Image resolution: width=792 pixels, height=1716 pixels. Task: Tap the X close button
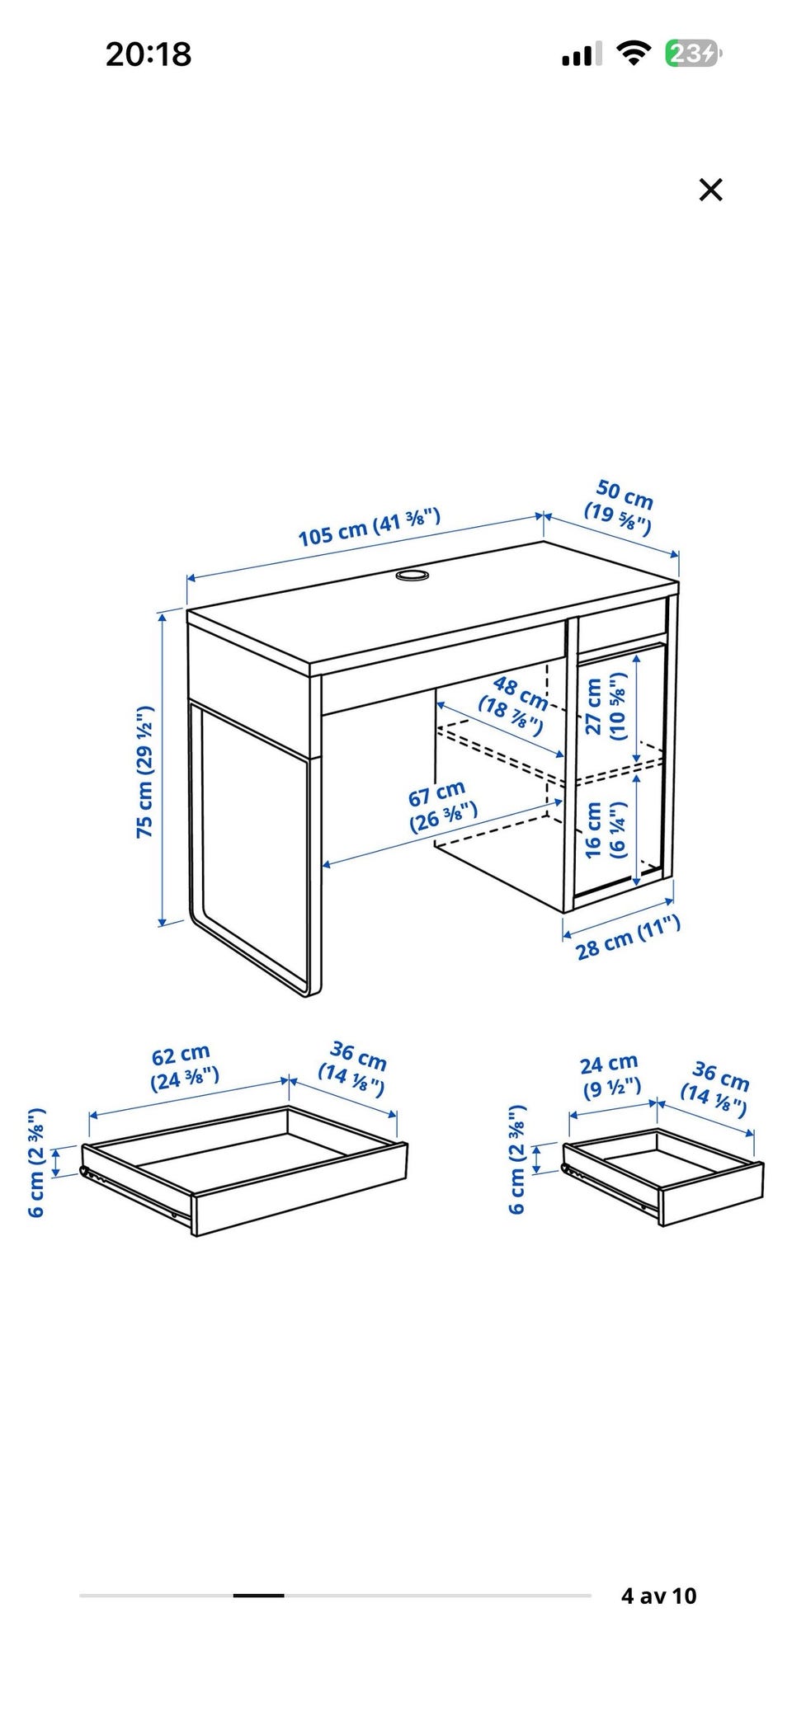[710, 190]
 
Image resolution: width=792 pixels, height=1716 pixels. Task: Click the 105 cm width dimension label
[369, 528]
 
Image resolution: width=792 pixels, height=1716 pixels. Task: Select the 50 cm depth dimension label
[620, 505]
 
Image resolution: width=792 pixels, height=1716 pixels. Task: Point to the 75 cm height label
[144, 772]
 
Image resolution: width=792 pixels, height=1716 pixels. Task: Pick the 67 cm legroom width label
[441, 806]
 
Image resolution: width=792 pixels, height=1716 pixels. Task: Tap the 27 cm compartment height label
[606, 706]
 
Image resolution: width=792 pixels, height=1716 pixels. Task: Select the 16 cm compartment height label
[606, 829]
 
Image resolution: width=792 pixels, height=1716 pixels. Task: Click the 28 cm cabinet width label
[628, 938]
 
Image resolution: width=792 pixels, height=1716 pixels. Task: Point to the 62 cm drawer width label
[184, 1066]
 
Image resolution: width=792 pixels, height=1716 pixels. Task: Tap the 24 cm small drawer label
[611, 1076]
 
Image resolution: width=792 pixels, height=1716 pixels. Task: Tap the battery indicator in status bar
[693, 54]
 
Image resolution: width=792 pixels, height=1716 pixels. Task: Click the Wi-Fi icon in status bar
[633, 54]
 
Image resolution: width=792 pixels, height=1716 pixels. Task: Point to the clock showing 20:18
[148, 54]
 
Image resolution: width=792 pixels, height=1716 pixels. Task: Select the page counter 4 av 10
[658, 1596]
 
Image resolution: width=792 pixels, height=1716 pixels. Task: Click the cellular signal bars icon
[582, 54]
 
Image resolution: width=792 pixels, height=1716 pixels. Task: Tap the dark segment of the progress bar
[258, 1596]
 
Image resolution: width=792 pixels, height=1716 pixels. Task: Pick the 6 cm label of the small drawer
[516, 1159]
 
